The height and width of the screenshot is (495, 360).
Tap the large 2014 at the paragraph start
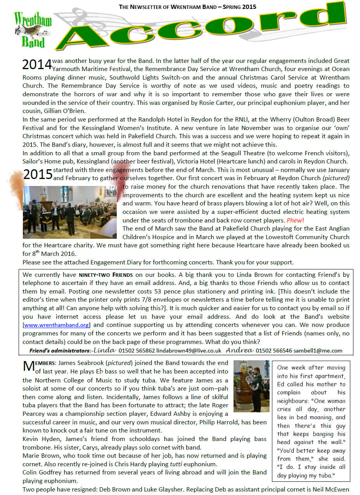37,64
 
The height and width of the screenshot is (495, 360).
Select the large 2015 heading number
38,174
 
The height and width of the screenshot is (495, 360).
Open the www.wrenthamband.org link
57,325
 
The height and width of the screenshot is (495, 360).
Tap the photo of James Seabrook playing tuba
251,386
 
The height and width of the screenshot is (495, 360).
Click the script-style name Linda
105,350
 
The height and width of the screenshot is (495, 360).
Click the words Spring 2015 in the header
241,7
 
